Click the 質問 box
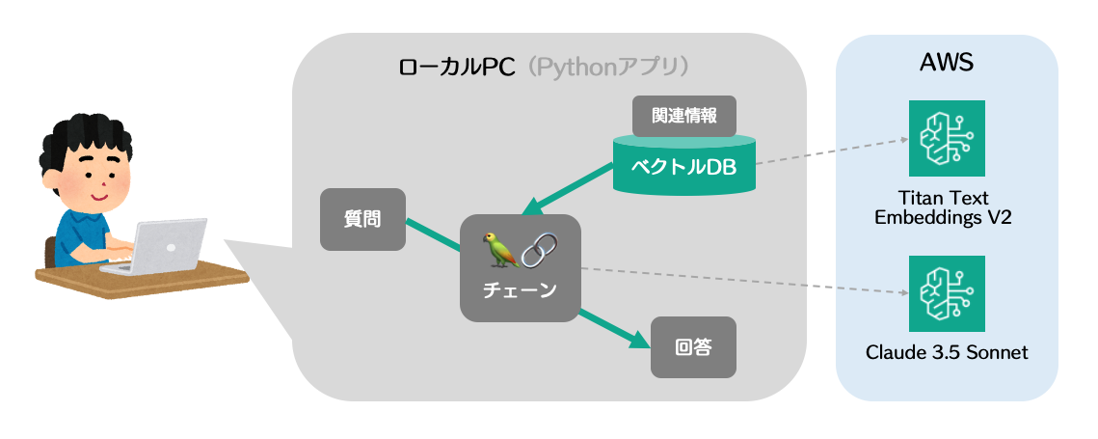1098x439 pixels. (x=362, y=220)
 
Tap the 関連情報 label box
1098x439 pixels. (x=683, y=116)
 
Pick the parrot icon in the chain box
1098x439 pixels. (x=501, y=251)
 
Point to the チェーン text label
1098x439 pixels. (x=520, y=289)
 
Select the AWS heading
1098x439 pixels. (x=946, y=64)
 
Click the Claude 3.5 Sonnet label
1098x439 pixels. (x=946, y=352)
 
